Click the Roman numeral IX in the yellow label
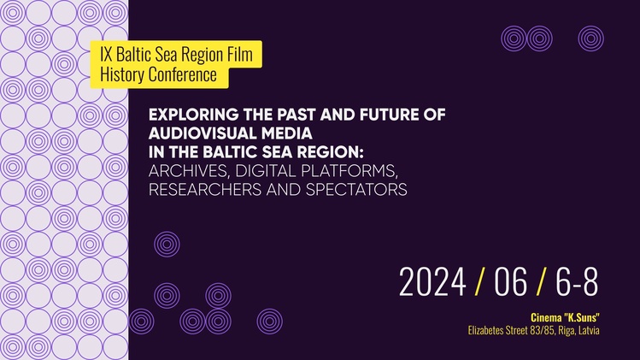(x=106, y=55)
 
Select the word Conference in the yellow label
(x=183, y=74)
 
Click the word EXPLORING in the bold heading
(x=194, y=115)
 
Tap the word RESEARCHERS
(x=205, y=190)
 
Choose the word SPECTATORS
(x=356, y=190)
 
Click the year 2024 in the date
(x=432, y=281)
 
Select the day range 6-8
(x=577, y=281)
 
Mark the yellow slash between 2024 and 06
(x=480, y=281)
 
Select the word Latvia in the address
(x=590, y=330)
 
